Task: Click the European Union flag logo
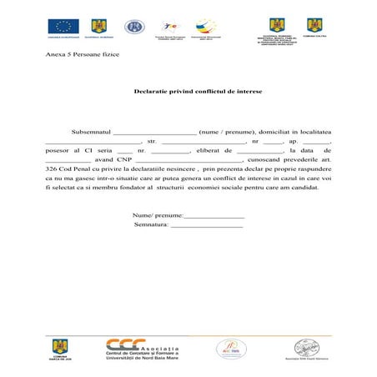(x=63, y=26)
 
